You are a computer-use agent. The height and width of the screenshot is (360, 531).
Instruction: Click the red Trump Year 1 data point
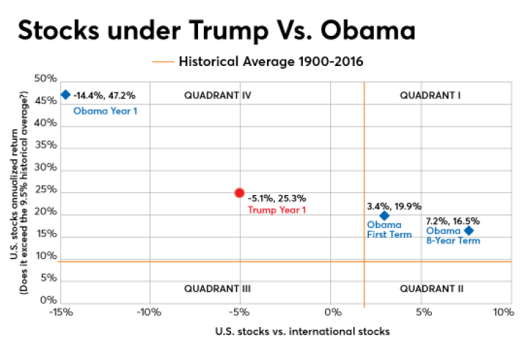[240, 192]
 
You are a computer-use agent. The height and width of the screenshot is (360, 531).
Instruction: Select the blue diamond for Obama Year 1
[65, 95]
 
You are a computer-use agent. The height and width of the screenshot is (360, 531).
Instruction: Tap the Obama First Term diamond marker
[384, 215]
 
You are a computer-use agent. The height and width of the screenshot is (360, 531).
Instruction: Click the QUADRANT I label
[430, 95]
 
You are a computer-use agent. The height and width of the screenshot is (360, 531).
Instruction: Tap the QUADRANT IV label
[216, 95]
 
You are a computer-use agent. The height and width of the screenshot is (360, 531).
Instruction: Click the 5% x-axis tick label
[423, 312]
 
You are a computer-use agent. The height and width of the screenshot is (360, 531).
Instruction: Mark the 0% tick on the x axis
[331, 312]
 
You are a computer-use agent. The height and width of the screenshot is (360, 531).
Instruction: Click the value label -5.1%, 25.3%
[277, 198]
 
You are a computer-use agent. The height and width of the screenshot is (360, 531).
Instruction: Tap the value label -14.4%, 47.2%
[104, 95]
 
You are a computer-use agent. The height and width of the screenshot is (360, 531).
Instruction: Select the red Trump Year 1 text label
[276, 210]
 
